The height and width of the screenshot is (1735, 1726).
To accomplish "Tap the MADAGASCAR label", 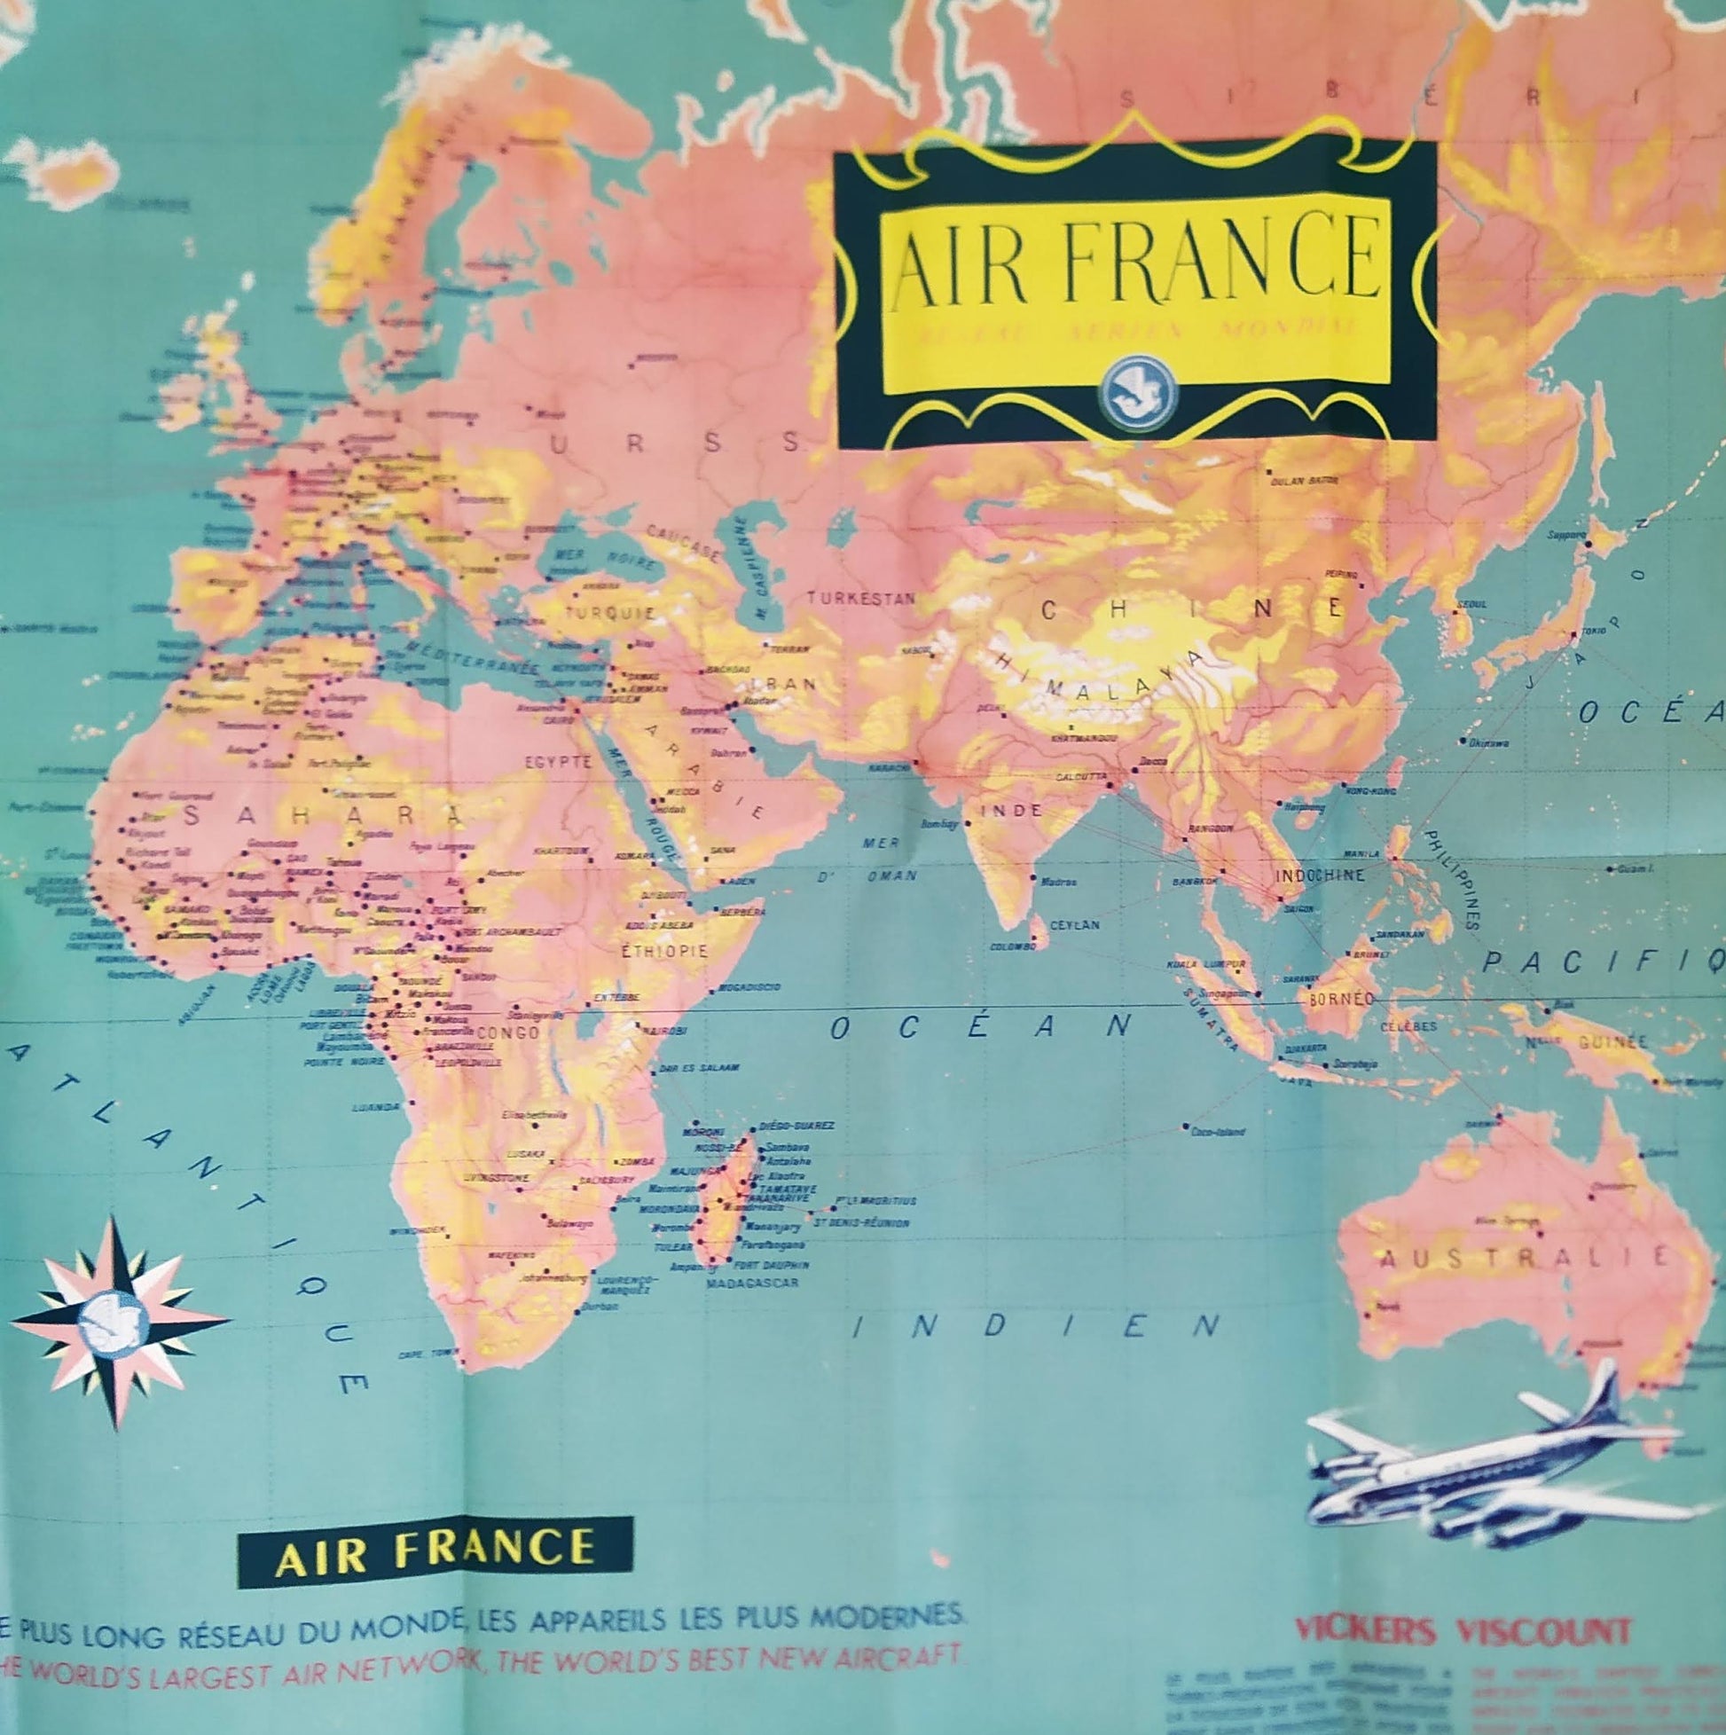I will tap(752, 1284).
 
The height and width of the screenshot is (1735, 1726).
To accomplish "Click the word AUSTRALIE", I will tap(1523, 1258).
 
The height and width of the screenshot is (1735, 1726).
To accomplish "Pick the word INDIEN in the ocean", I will tap(1036, 1325).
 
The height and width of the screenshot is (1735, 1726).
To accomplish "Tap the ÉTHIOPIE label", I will tap(664, 951).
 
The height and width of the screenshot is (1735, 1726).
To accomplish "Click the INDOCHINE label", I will tap(1320, 875).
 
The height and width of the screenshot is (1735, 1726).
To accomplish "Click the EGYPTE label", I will tap(559, 763).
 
